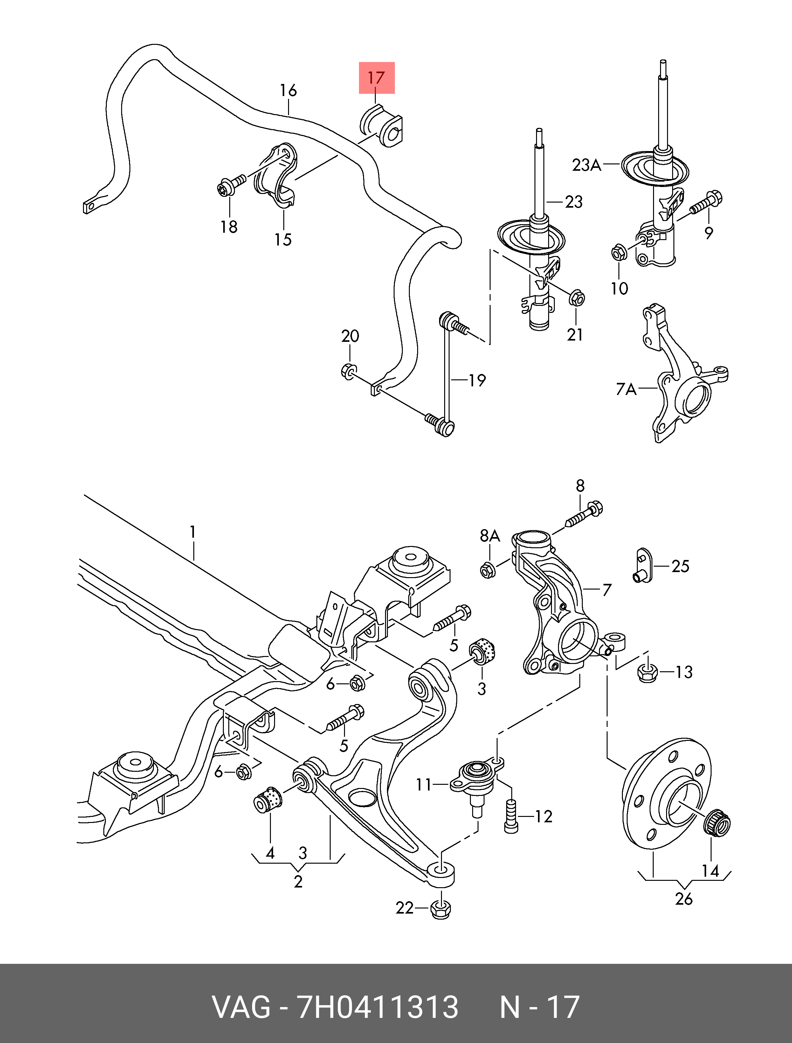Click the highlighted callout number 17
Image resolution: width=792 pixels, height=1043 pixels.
tap(376, 78)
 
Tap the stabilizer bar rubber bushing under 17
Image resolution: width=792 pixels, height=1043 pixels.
tap(382, 126)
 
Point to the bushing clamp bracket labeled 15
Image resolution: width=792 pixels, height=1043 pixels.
tap(277, 176)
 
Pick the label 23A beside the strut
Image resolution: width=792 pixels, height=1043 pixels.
tap(587, 165)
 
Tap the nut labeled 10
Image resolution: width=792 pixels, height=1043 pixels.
tap(618, 253)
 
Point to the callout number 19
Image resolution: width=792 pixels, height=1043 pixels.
tap(477, 380)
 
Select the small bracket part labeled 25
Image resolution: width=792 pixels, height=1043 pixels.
tap(642, 566)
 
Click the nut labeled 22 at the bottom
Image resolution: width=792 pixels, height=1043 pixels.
tap(440, 908)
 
